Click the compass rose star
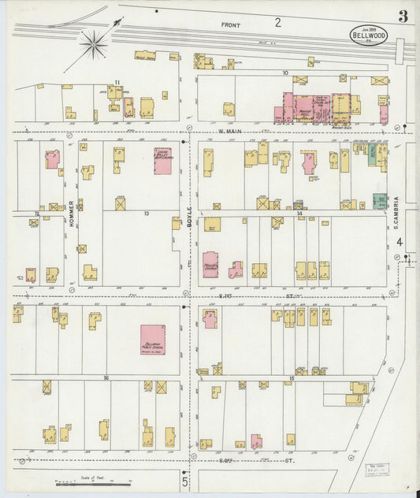click(x=93, y=44)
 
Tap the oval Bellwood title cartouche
click(x=369, y=35)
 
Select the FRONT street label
click(x=231, y=24)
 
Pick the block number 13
click(x=146, y=214)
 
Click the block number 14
click(x=299, y=214)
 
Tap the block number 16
click(x=105, y=378)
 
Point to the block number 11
click(x=117, y=82)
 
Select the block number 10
click(x=285, y=73)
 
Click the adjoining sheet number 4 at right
click(x=400, y=242)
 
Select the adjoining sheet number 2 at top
click(x=277, y=22)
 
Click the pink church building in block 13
click(x=162, y=161)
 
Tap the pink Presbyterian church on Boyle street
click(x=210, y=264)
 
